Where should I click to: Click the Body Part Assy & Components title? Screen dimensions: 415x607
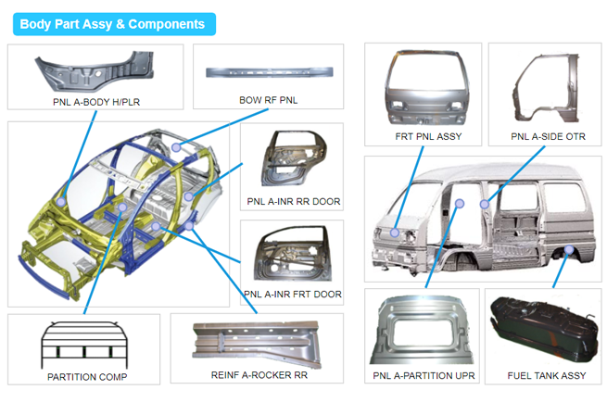tap(113, 23)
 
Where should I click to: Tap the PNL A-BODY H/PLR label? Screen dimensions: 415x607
tap(97, 101)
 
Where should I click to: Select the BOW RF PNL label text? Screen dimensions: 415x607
tap(268, 100)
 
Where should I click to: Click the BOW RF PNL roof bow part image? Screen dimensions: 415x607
tap(268, 70)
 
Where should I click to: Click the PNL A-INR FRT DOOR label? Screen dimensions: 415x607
tap(293, 295)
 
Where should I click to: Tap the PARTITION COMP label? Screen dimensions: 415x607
tap(87, 377)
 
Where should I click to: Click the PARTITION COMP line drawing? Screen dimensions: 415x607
tap(84, 344)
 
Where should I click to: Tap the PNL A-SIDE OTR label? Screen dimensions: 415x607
tap(549, 137)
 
